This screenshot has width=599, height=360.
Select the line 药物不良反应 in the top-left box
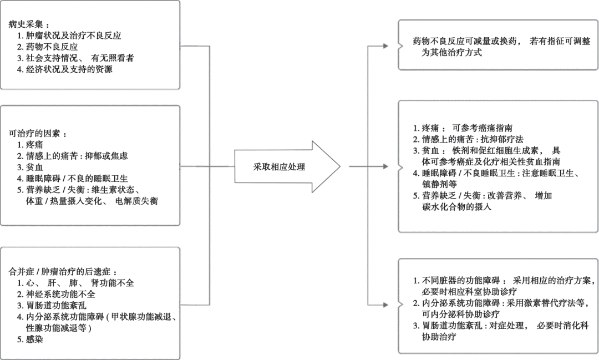52,47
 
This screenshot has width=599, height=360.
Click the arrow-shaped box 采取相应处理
280,166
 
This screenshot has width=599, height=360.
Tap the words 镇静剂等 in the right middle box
439,184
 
